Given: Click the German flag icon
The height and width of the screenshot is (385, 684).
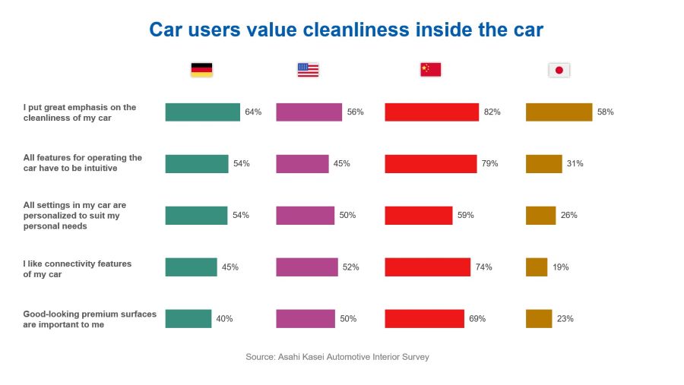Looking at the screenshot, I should [x=201, y=70].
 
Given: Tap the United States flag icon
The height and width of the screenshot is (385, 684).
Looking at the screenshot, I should [x=308, y=70].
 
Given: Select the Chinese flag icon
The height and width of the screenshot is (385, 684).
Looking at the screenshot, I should [x=430, y=70].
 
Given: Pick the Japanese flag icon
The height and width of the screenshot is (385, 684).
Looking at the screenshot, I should [x=559, y=70].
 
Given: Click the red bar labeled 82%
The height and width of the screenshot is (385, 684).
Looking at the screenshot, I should [x=432, y=112].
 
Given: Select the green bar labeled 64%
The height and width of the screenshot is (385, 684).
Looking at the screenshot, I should [x=202, y=112].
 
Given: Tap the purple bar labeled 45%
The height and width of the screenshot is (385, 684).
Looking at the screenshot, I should [x=302, y=164].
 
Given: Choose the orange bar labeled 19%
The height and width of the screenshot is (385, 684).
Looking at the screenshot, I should [x=537, y=267].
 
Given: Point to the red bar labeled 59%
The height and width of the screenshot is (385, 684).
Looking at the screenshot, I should [x=419, y=216].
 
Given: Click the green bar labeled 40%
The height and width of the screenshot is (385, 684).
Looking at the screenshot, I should [x=188, y=319].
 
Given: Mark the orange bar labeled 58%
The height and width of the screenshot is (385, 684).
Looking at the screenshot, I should [x=559, y=112].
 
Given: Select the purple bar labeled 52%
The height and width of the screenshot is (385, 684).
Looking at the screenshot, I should [x=307, y=267].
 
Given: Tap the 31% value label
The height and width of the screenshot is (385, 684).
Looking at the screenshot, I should [x=575, y=164].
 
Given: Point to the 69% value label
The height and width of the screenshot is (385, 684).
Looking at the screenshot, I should [x=477, y=319].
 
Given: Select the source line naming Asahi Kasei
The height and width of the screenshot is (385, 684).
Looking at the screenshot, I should [x=337, y=357].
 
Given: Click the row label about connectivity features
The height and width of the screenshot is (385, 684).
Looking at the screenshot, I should [x=78, y=269].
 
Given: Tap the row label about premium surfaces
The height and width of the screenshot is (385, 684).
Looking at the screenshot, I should [x=90, y=319].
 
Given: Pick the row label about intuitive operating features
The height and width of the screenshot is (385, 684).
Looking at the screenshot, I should [x=83, y=163].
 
